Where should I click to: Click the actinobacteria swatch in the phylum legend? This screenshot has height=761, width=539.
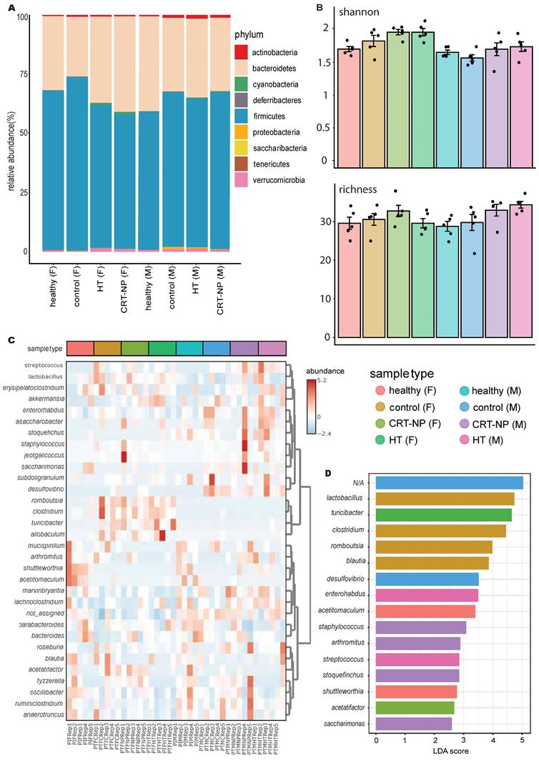pyautogui.click(x=241, y=52)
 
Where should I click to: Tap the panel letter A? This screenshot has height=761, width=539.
pyautogui.click(x=11, y=7)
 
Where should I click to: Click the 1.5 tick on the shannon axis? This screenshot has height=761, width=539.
pyautogui.click(x=325, y=62)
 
